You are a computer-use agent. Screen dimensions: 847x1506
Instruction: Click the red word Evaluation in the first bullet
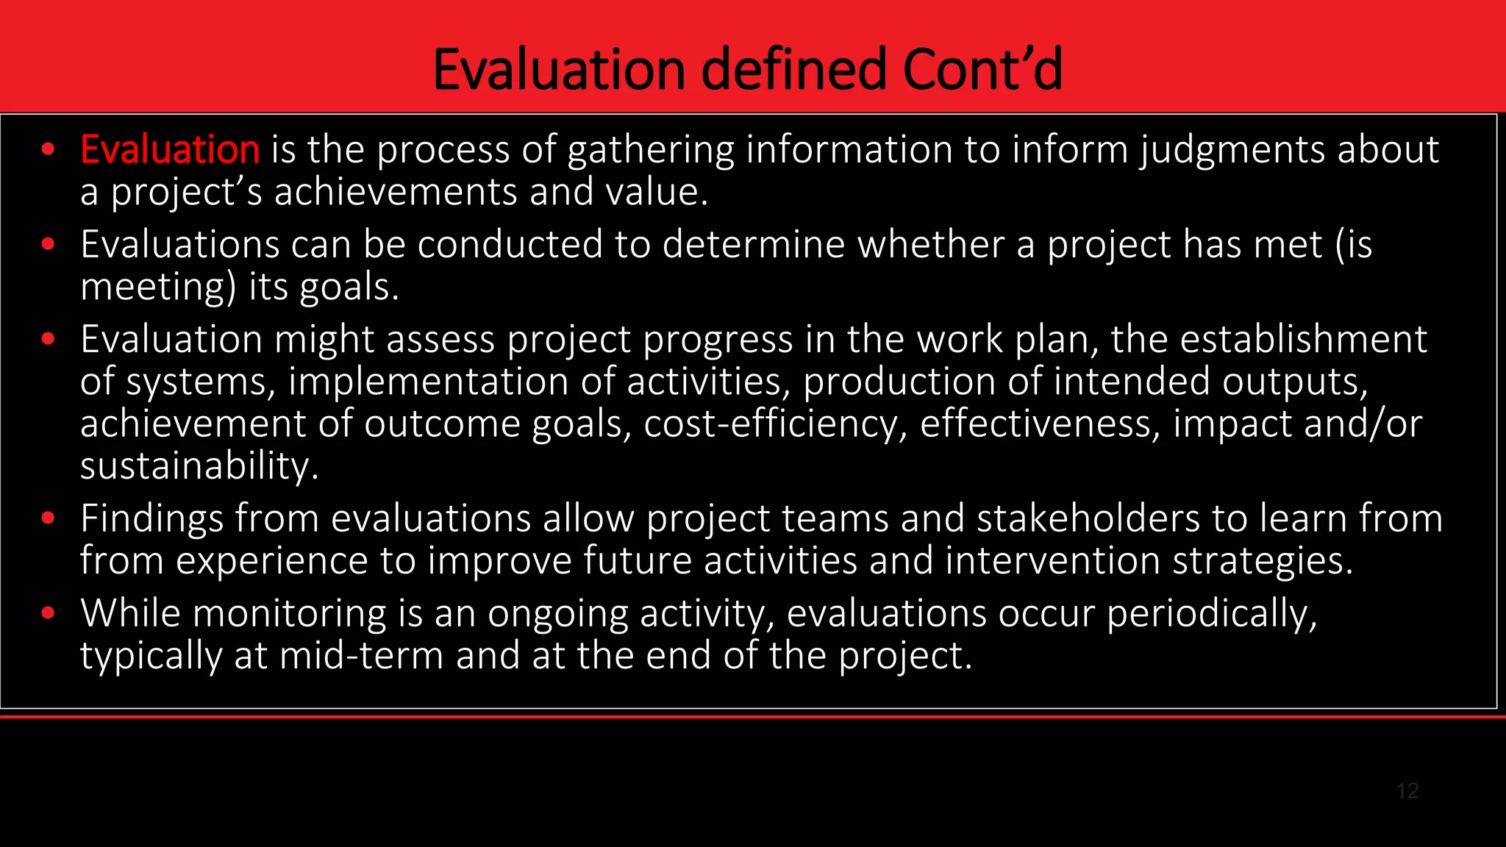point(170,150)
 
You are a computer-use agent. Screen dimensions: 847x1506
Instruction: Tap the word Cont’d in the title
point(982,70)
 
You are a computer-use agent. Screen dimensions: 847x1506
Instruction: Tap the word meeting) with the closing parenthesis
point(158,287)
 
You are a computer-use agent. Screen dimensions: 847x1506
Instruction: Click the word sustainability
point(199,467)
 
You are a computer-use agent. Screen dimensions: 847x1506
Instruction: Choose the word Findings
point(152,518)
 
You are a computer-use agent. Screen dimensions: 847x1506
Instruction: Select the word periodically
point(1212,613)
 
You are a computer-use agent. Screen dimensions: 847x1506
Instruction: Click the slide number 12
point(1407,791)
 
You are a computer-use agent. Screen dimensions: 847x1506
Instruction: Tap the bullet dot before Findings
point(49,518)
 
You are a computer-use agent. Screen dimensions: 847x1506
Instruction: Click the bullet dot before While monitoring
point(49,613)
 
